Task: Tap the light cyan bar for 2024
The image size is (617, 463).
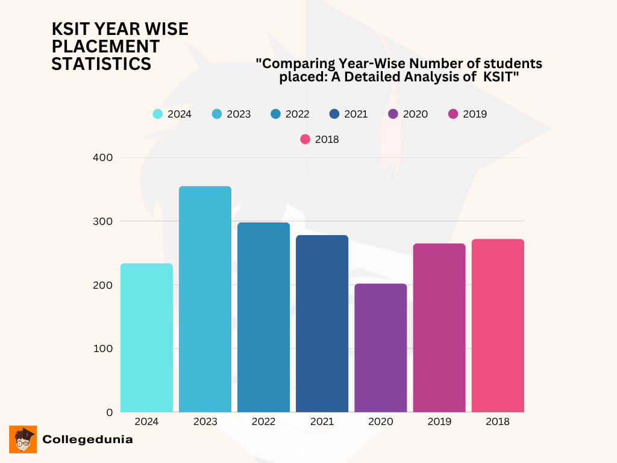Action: pyautogui.click(x=146, y=338)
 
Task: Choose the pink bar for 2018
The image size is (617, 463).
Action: pyautogui.click(x=498, y=326)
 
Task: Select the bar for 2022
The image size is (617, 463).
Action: pyautogui.click(x=263, y=317)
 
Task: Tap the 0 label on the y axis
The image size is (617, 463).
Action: pyautogui.click(x=109, y=412)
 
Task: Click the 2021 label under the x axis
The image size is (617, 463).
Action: pyautogui.click(x=322, y=422)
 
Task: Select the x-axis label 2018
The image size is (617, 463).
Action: pyautogui.click(x=498, y=422)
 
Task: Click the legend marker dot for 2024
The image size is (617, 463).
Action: pyautogui.click(x=158, y=114)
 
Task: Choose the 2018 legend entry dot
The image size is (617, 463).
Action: pyautogui.click(x=305, y=139)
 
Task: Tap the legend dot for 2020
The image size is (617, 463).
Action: pyautogui.click(x=393, y=114)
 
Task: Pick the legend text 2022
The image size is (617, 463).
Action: pyautogui.click(x=297, y=114)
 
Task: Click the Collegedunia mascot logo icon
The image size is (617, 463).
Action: pyautogui.click(x=23, y=439)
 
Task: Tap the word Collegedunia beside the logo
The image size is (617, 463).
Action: pyautogui.click(x=87, y=439)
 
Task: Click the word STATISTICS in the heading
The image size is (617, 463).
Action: pyautogui.click(x=101, y=64)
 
